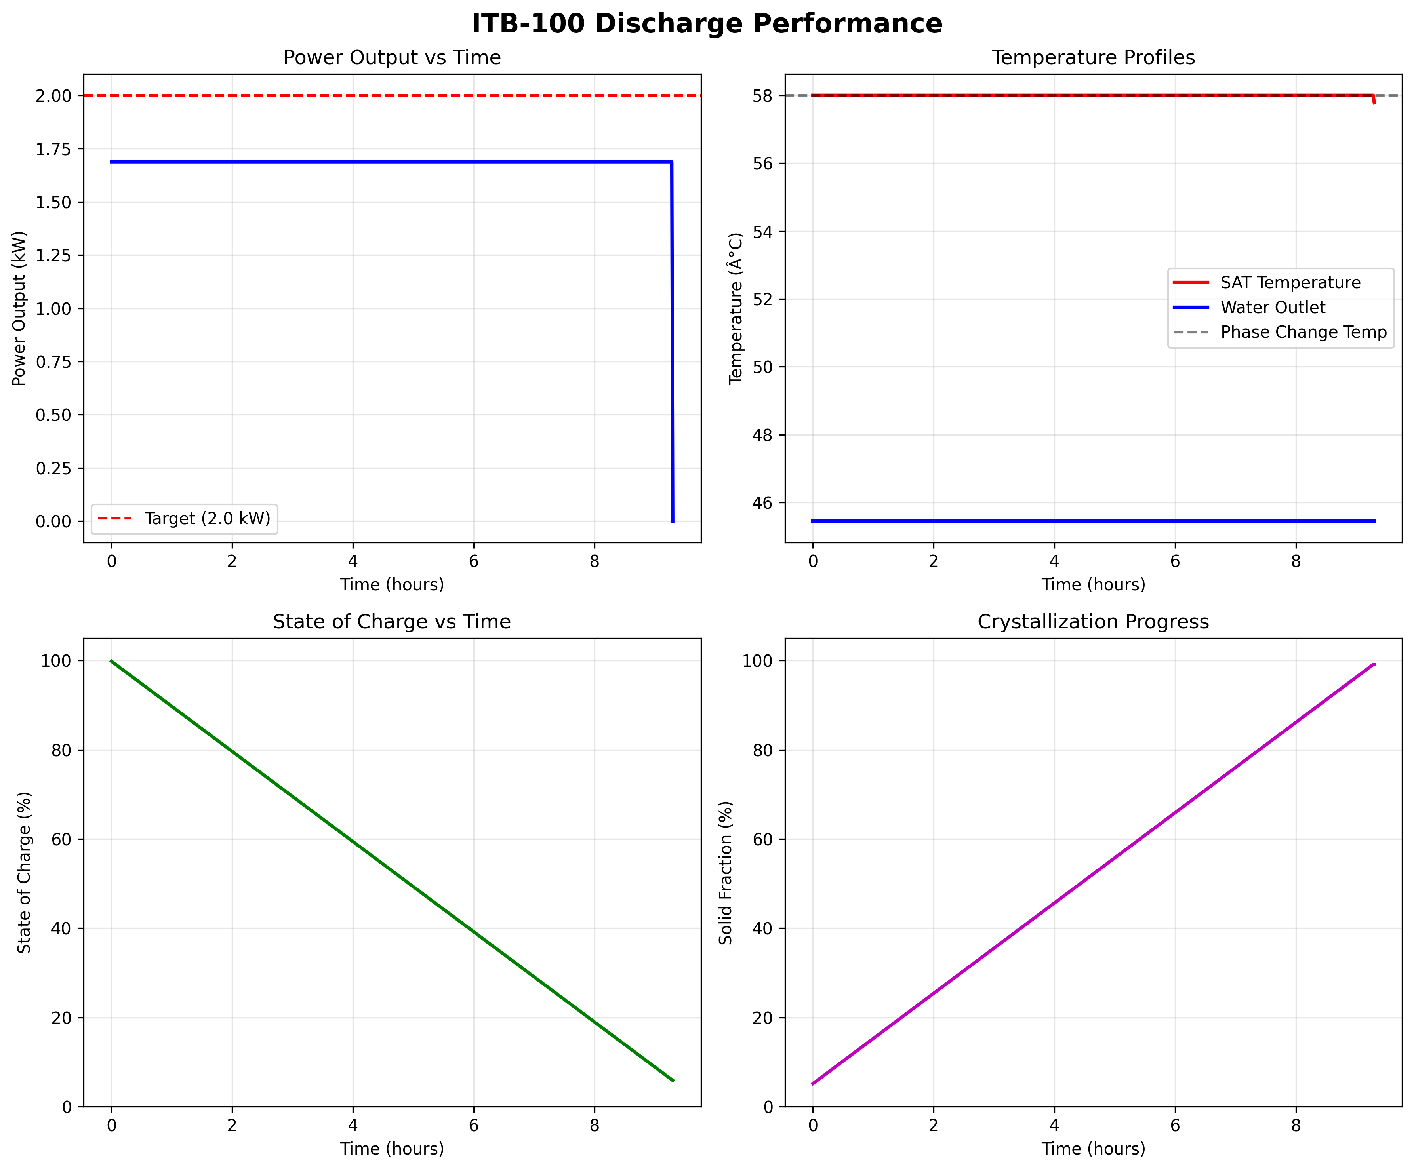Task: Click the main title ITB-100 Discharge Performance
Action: (706, 24)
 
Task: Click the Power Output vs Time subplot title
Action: (392, 58)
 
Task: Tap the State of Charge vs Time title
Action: (392, 622)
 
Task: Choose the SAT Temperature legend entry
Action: (1290, 283)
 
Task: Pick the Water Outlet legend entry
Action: (1273, 308)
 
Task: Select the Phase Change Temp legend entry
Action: (1303, 333)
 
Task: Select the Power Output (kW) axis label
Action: (19, 308)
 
